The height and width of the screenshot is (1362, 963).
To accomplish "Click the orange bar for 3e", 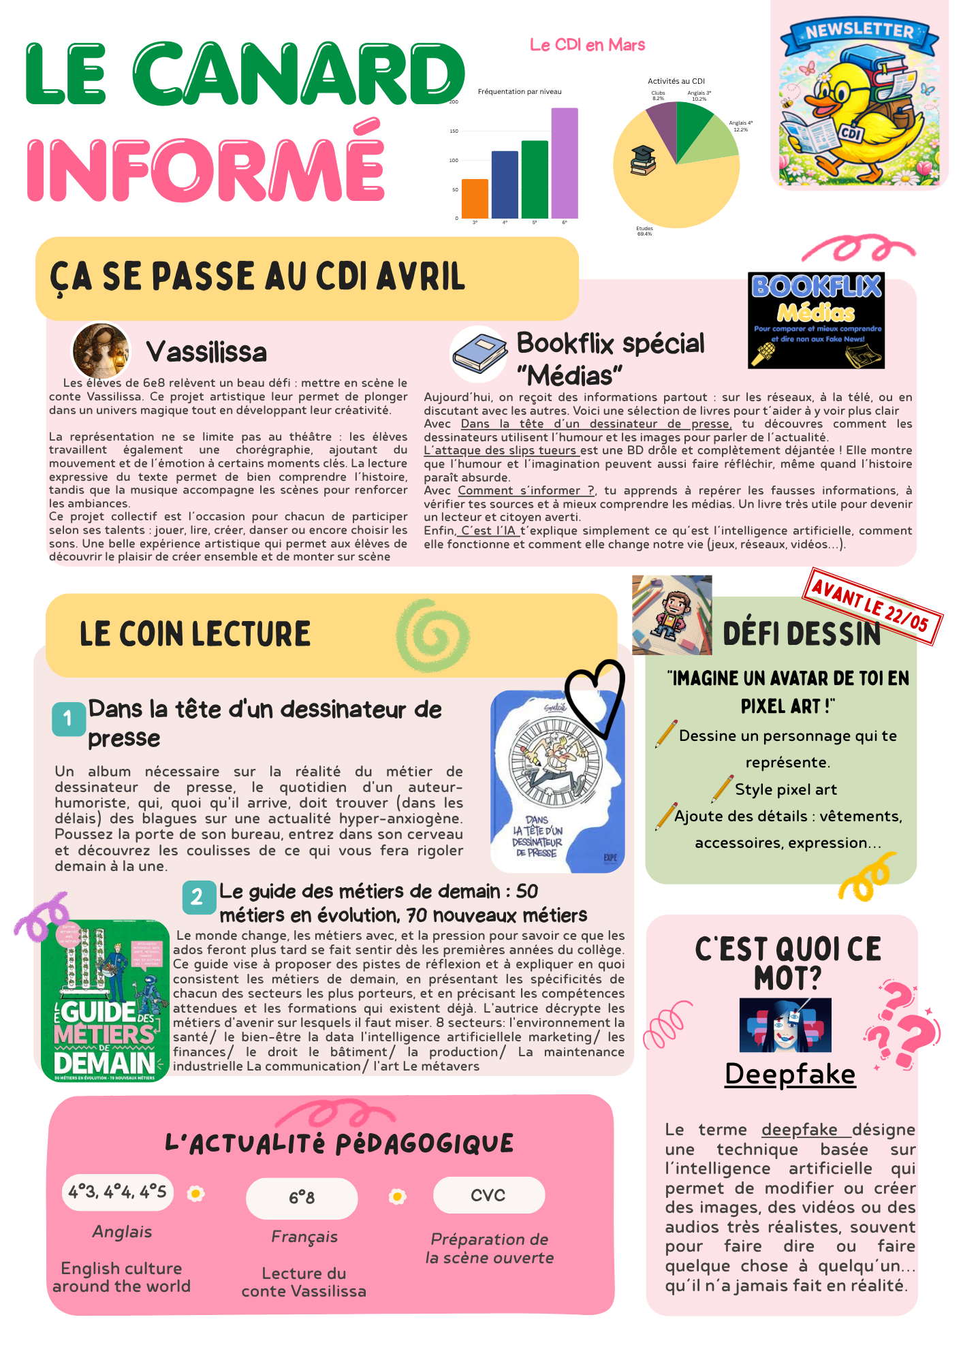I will click(x=475, y=199).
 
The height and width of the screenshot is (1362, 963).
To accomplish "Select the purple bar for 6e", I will click(x=565, y=163).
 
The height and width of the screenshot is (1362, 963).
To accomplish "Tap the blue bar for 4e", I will click(x=505, y=185).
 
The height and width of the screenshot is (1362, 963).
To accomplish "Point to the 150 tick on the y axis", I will click(x=454, y=131).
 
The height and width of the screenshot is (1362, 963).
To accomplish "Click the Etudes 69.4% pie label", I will click(x=644, y=232).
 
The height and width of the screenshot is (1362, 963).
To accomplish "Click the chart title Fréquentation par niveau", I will click(x=520, y=92).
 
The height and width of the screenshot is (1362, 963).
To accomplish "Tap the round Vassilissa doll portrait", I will click(x=101, y=351).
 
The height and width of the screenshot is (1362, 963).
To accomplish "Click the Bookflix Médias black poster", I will click(x=816, y=321).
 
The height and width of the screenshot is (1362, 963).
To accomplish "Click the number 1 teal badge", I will click(x=68, y=718).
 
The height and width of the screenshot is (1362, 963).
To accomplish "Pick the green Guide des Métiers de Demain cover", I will click(x=105, y=1000).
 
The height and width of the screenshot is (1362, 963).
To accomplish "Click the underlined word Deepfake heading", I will click(x=790, y=1075).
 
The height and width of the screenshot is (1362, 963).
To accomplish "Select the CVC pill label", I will click(x=488, y=1195).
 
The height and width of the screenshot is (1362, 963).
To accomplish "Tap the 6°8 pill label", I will click(x=302, y=1198).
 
